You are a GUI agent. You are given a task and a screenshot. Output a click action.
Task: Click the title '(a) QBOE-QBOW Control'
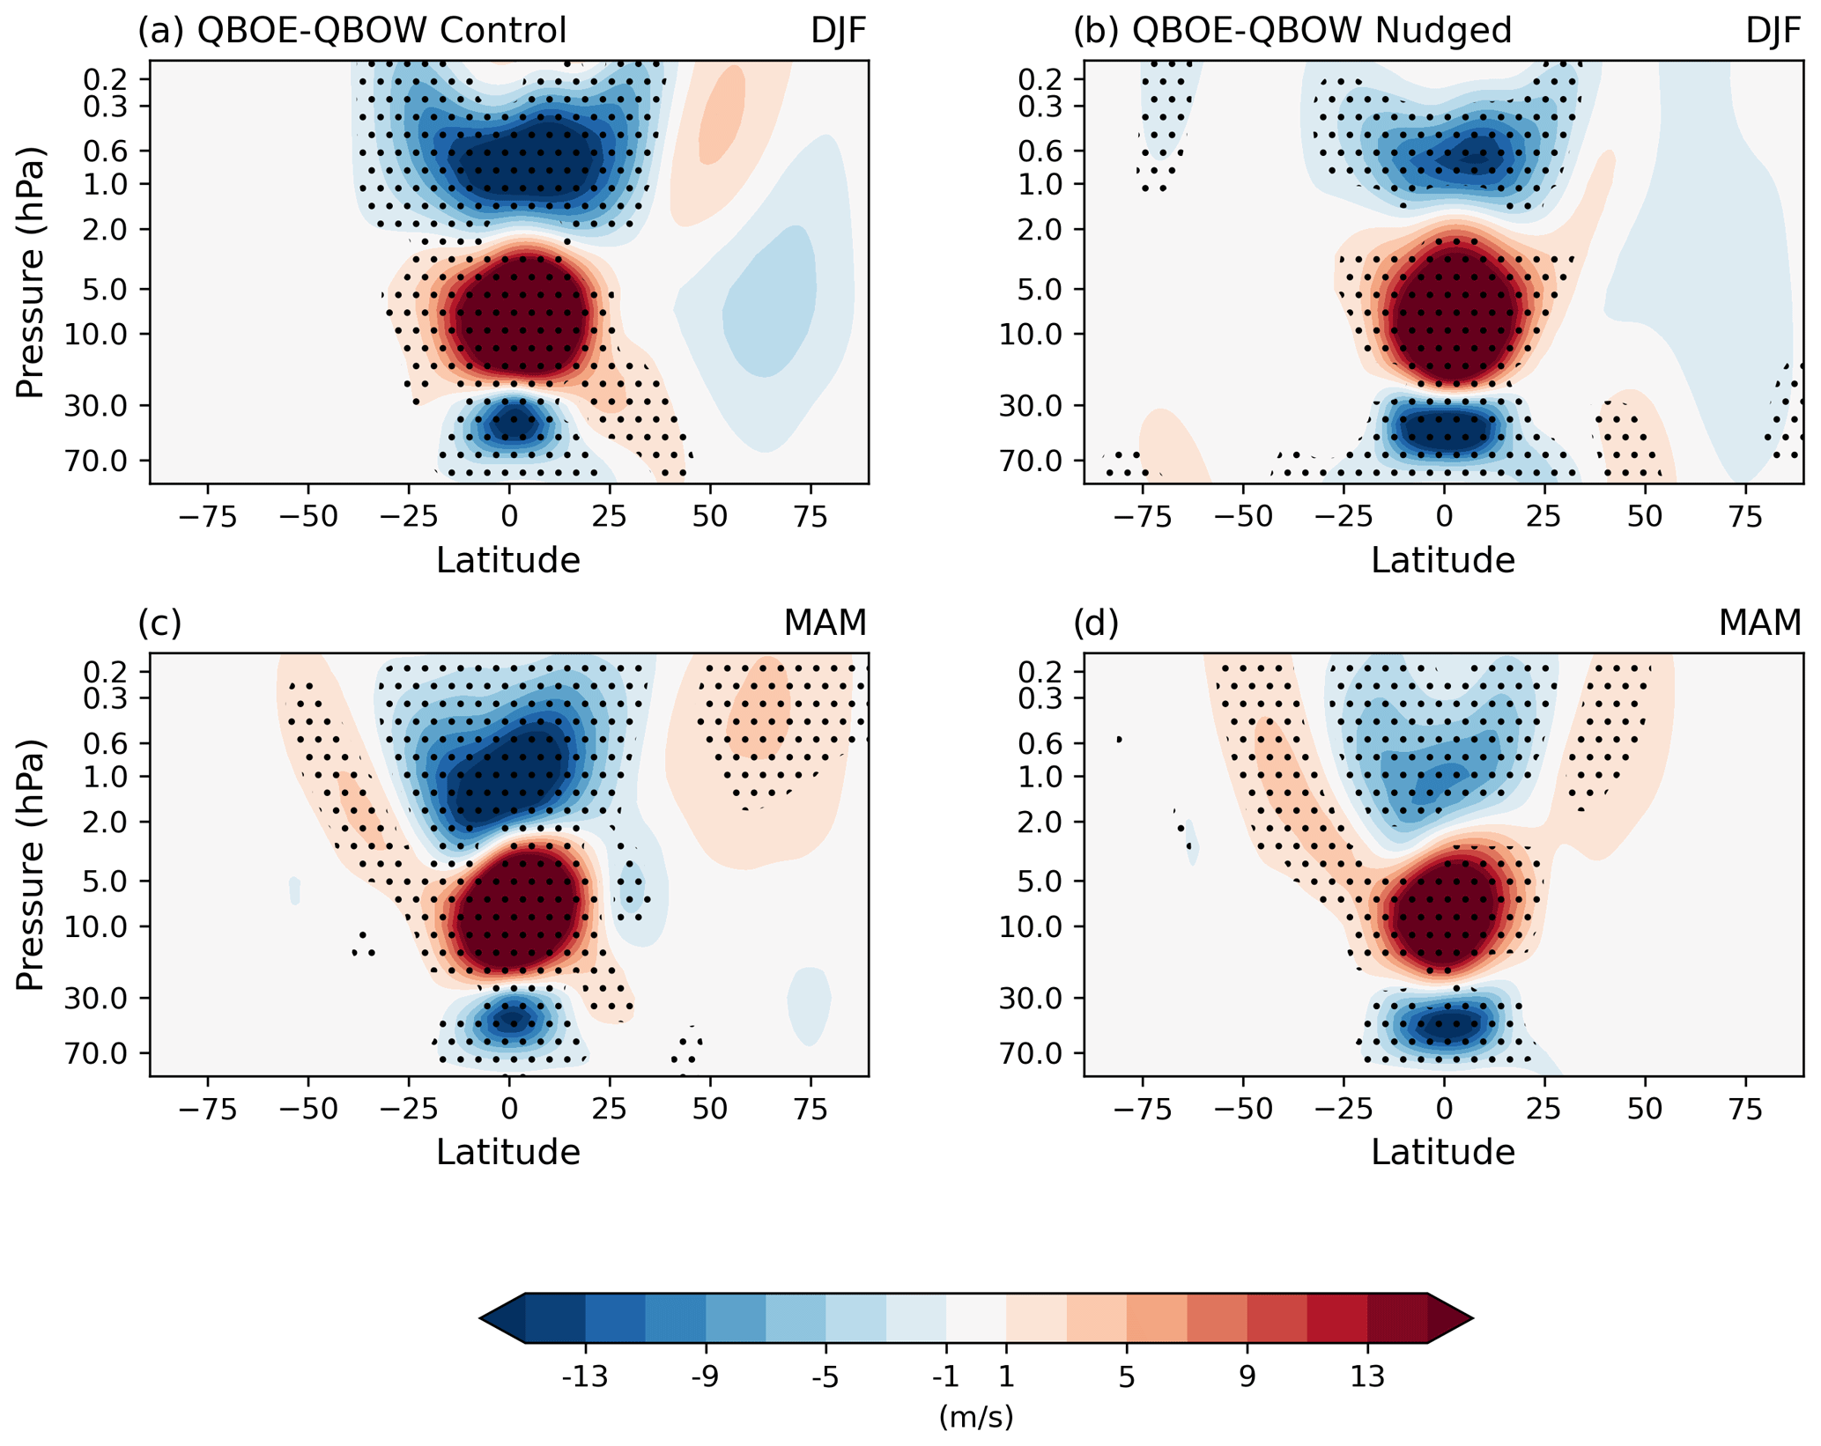(352, 31)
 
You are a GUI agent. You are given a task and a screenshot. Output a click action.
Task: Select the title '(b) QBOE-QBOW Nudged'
(1292, 31)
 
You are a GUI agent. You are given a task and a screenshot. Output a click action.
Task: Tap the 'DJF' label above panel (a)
(839, 31)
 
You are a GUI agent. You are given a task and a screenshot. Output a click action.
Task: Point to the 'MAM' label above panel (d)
(1759, 623)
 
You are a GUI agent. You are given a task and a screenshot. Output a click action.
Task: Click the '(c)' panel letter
(159, 623)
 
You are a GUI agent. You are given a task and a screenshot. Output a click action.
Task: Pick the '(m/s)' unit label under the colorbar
(975, 1417)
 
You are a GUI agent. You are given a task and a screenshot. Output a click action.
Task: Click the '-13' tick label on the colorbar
(585, 1376)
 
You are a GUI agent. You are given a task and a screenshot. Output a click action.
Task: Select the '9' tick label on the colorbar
(1247, 1376)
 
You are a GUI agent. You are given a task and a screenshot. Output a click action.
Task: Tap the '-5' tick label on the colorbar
(825, 1376)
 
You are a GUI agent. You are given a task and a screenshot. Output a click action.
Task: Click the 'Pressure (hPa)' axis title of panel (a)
(30, 272)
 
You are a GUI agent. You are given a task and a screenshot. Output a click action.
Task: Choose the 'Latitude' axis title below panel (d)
(1442, 1152)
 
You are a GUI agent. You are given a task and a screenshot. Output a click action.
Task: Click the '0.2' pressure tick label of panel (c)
(105, 672)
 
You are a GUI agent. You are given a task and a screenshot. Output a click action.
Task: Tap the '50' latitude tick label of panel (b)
(1644, 517)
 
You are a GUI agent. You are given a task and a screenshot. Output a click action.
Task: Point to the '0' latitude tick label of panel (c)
(508, 1110)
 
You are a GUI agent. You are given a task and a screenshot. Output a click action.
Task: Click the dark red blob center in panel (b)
(1451, 315)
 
